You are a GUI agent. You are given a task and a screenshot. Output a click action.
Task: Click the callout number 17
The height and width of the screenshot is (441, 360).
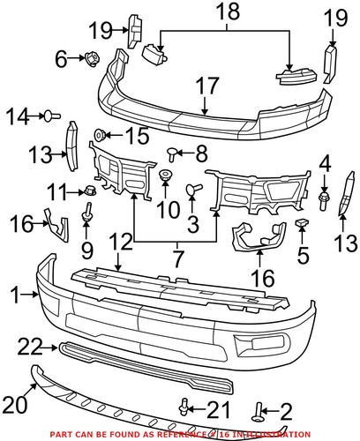coord(207,87)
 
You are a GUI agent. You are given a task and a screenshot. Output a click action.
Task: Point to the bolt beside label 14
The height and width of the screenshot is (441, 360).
coord(52,114)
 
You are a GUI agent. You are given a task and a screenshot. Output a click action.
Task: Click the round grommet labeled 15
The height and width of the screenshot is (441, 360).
coord(101,135)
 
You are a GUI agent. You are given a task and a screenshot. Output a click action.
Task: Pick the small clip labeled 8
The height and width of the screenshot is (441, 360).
coord(170,153)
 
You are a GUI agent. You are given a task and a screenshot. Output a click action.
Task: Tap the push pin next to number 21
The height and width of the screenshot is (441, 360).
coord(184,406)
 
